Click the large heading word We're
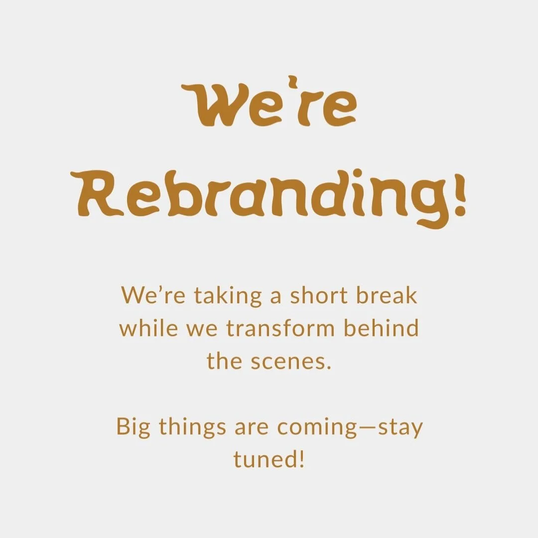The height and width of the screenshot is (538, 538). [x=269, y=106]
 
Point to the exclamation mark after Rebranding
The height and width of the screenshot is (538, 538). [x=460, y=197]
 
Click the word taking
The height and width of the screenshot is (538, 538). [x=228, y=296]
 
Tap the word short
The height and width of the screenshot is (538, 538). [x=320, y=296]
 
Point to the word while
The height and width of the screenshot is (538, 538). [x=142, y=329]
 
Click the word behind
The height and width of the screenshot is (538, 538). [x=382, y=329]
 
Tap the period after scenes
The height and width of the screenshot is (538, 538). [x=328, y=368]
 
